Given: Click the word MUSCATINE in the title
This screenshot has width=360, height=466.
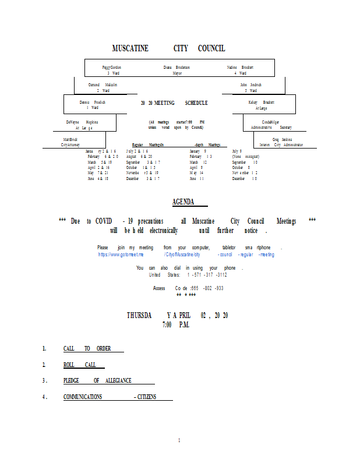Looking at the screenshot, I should point(130,48).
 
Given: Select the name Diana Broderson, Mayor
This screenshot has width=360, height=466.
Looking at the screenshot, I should point(177,68).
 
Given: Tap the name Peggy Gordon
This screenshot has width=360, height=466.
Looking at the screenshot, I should point(112,68).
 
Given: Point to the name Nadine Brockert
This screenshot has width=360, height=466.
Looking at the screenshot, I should point(240,68).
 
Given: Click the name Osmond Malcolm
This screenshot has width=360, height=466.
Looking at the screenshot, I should point(103,85).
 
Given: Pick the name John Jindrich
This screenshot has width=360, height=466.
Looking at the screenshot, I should point(251,85).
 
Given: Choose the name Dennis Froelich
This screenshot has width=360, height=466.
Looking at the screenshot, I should point(92,102).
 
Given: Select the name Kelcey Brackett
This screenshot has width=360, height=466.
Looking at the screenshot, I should point(261,102).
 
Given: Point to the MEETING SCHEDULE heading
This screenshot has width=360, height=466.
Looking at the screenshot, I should point(174,103).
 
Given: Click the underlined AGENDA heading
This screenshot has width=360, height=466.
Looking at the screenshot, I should point(183,202).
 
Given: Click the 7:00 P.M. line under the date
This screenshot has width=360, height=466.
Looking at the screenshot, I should point(176,324).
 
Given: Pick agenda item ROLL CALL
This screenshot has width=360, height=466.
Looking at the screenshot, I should point(80,365).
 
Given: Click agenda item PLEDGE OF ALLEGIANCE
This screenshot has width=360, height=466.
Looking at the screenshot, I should point(97,380).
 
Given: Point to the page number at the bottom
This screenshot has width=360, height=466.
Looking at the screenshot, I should point(179,440).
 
